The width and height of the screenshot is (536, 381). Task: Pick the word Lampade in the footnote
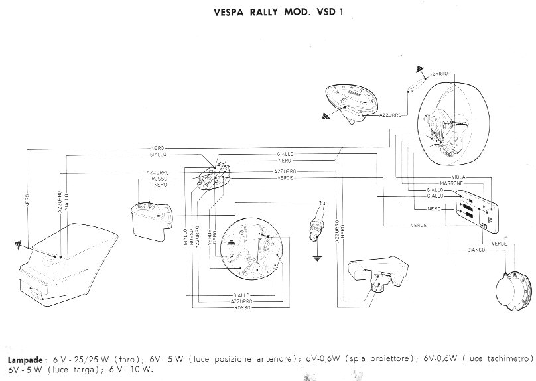(x=27, y=358)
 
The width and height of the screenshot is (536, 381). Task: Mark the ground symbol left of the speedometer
(x=325, y=115)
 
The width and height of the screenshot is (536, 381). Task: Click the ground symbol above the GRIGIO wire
(x=419, y=69)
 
